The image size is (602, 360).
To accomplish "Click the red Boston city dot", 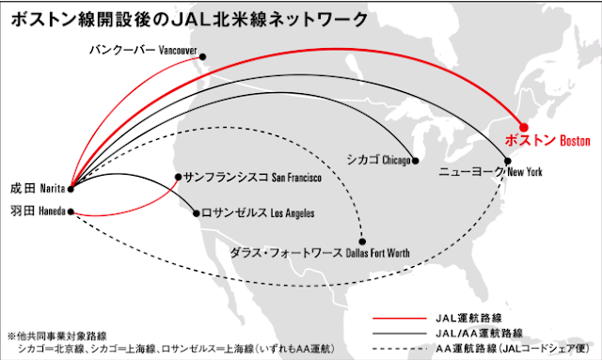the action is coord(525,127).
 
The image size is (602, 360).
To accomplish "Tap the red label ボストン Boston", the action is coord(547,141).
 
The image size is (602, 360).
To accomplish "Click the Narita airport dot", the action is coord(71,186).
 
